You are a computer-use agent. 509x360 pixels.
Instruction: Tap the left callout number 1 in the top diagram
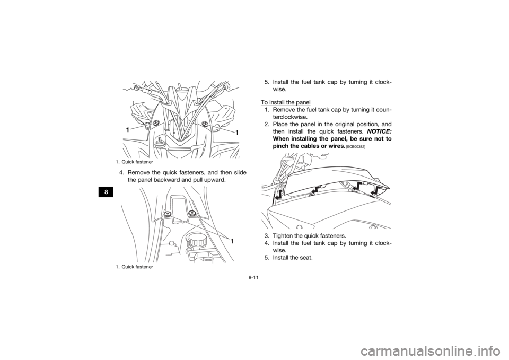pyautogui.click(x=127, y=130)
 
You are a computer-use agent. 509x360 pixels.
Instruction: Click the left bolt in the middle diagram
pyautogui.click(x=168, y=214)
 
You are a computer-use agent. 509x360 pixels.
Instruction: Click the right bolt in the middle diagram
pyautogui.click(x=192, y=214)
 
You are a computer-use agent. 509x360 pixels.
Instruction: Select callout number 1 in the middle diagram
pyautogui.click(x=232, y=240)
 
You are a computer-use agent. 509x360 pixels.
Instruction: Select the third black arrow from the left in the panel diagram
pyautogui.click(x=356, y=185)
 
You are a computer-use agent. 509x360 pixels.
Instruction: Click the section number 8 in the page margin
pyautogui.click(x=107, y=192)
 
